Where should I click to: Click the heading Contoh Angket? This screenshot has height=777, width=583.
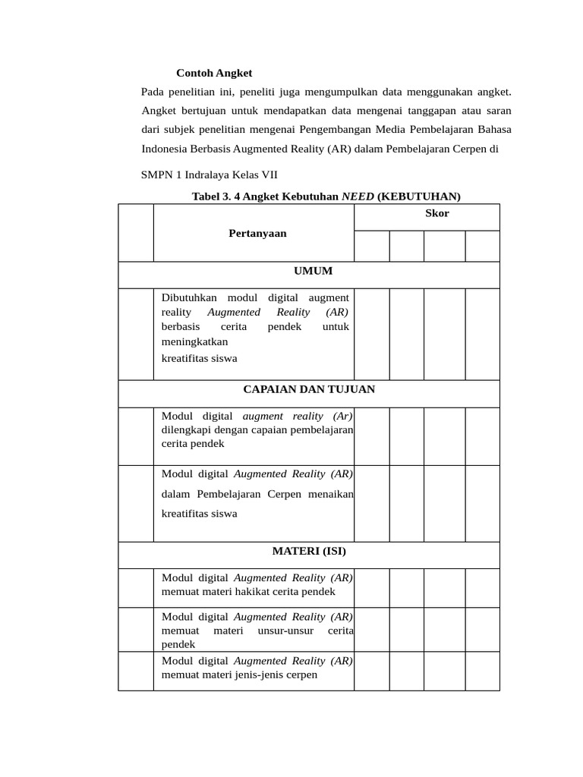point(214,74)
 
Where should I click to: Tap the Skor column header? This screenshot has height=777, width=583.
point(436,213)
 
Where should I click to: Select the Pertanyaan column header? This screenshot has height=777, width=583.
point(257,233)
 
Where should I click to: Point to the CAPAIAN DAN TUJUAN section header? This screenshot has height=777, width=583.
point(308,389)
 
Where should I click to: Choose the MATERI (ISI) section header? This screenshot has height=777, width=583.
point(309,551)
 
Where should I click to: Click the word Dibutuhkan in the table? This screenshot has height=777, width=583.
point(190,298)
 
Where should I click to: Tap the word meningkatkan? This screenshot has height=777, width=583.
point(194,342)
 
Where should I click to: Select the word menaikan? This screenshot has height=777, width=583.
point(329,494)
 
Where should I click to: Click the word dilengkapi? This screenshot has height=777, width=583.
point(184,430)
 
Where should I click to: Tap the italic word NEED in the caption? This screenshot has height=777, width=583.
point(358,197)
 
